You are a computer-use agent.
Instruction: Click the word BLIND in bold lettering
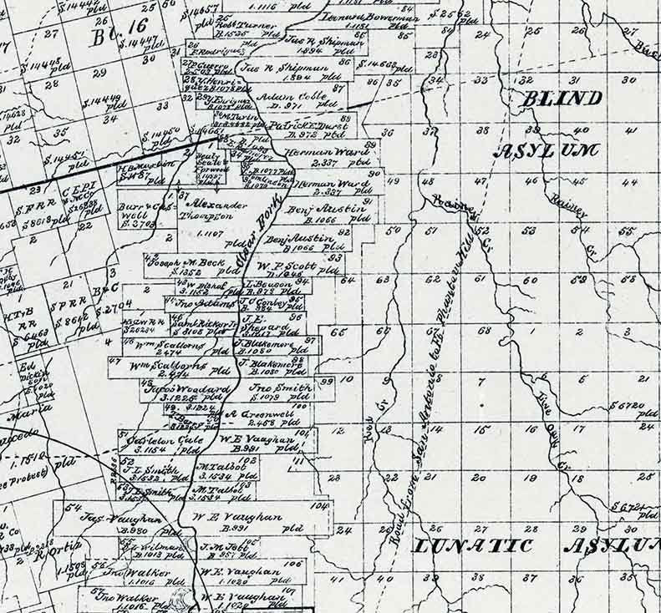[562, 98]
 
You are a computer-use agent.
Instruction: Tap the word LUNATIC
[473, 546]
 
